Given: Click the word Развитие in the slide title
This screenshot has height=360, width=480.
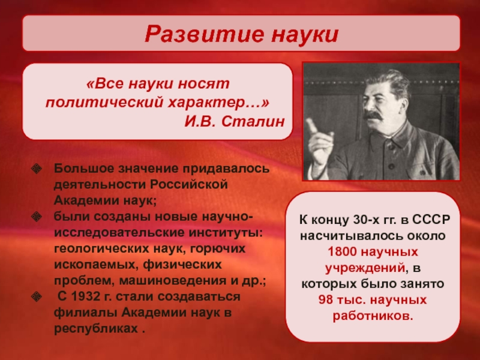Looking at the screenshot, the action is coord(204,34).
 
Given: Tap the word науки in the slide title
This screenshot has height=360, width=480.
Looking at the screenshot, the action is coord(305,34).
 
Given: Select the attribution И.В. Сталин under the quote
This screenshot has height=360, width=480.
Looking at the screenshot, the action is coord(235,122).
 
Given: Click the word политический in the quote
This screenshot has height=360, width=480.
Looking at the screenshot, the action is coord(104,103).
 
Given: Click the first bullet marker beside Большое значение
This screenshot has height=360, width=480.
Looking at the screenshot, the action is coord(37,169).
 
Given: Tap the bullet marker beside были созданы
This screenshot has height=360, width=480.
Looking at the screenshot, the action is coord(37,217).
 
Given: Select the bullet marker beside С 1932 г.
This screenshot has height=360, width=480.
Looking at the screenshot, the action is coord(37,296).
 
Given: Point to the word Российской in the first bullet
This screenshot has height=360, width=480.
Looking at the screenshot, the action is coord(189,185).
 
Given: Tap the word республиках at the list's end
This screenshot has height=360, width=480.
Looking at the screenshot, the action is coord(96,329).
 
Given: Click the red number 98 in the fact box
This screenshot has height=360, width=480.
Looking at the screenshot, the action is coord(325,299).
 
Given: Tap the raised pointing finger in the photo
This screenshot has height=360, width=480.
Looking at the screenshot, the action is coord(313,126).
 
